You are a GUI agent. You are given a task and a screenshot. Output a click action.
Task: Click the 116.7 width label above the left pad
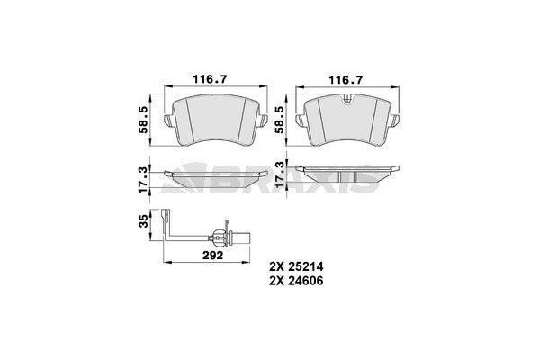pyautogui.click(x=212, y=80)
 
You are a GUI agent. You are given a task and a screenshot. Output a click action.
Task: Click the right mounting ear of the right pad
pyautogui.click(x=397, y=121)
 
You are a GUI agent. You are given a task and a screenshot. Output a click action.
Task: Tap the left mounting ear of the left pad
pyautogui.click(x=167, y=121)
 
